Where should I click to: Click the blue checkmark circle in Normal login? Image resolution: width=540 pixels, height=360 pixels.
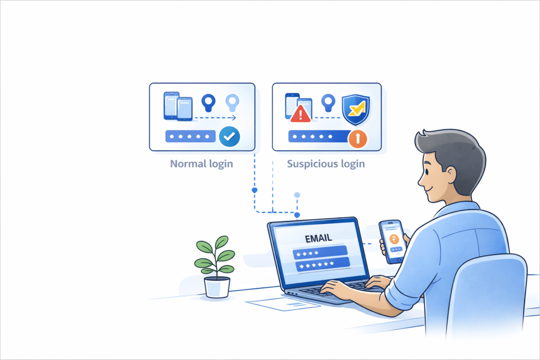tap(229, 137)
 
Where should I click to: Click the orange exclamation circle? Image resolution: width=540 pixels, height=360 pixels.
tap(358, 139)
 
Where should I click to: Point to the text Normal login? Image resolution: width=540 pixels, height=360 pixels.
tap(201, 164)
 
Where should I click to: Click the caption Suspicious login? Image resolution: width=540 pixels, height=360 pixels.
tap(326, 164)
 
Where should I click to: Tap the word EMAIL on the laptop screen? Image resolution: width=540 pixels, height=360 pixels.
tap(318, 238)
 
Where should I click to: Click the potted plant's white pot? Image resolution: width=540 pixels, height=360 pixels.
tap(217, 287)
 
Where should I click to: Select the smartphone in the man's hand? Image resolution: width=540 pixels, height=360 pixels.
tap(392, 241)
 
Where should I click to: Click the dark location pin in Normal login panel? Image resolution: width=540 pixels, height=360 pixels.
tap(208, 101)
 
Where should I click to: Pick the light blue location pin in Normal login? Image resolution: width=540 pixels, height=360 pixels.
tap(232, 101)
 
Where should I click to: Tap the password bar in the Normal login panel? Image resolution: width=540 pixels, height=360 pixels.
tap(190, 137)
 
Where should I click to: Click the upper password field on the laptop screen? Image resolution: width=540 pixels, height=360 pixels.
tap(320, 251)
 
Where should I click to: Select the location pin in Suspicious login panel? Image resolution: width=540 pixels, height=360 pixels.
tap(329, 101)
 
